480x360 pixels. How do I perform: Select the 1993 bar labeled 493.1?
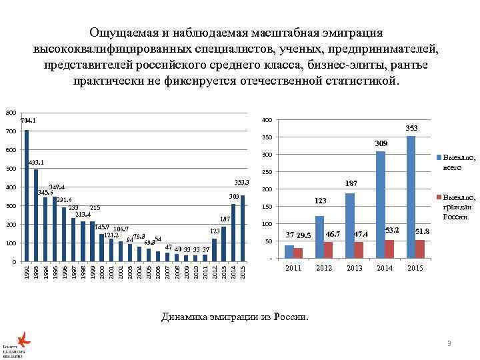click(36, 215)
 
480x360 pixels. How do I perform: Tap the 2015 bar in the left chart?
click(243, 228)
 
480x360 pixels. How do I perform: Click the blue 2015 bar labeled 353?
click(411, 197)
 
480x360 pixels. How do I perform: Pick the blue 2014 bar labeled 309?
click(380, 205)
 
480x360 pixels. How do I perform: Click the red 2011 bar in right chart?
click(299, 253)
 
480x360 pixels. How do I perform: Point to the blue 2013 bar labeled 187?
click(350, 225)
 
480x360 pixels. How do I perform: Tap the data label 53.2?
click(393, 230)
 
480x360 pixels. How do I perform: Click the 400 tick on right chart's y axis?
click(266, 120)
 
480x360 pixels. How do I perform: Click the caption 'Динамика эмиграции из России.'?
click(235, 317)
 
